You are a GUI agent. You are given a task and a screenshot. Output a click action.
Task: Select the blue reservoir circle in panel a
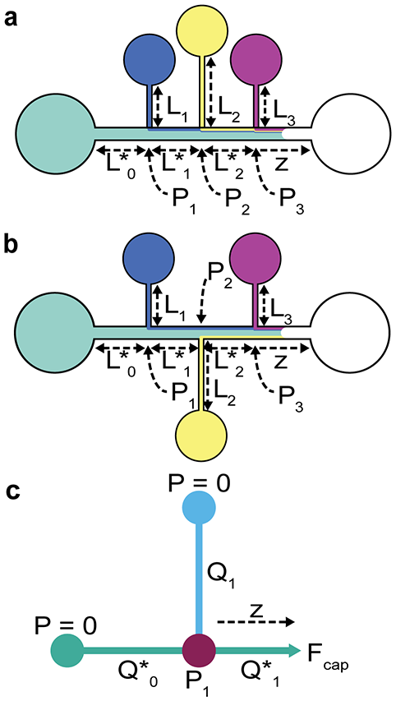pyautogui.click(x=149, y=59)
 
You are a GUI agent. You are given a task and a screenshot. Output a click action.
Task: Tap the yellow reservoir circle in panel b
pyautogui.click(x=203, y=434)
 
